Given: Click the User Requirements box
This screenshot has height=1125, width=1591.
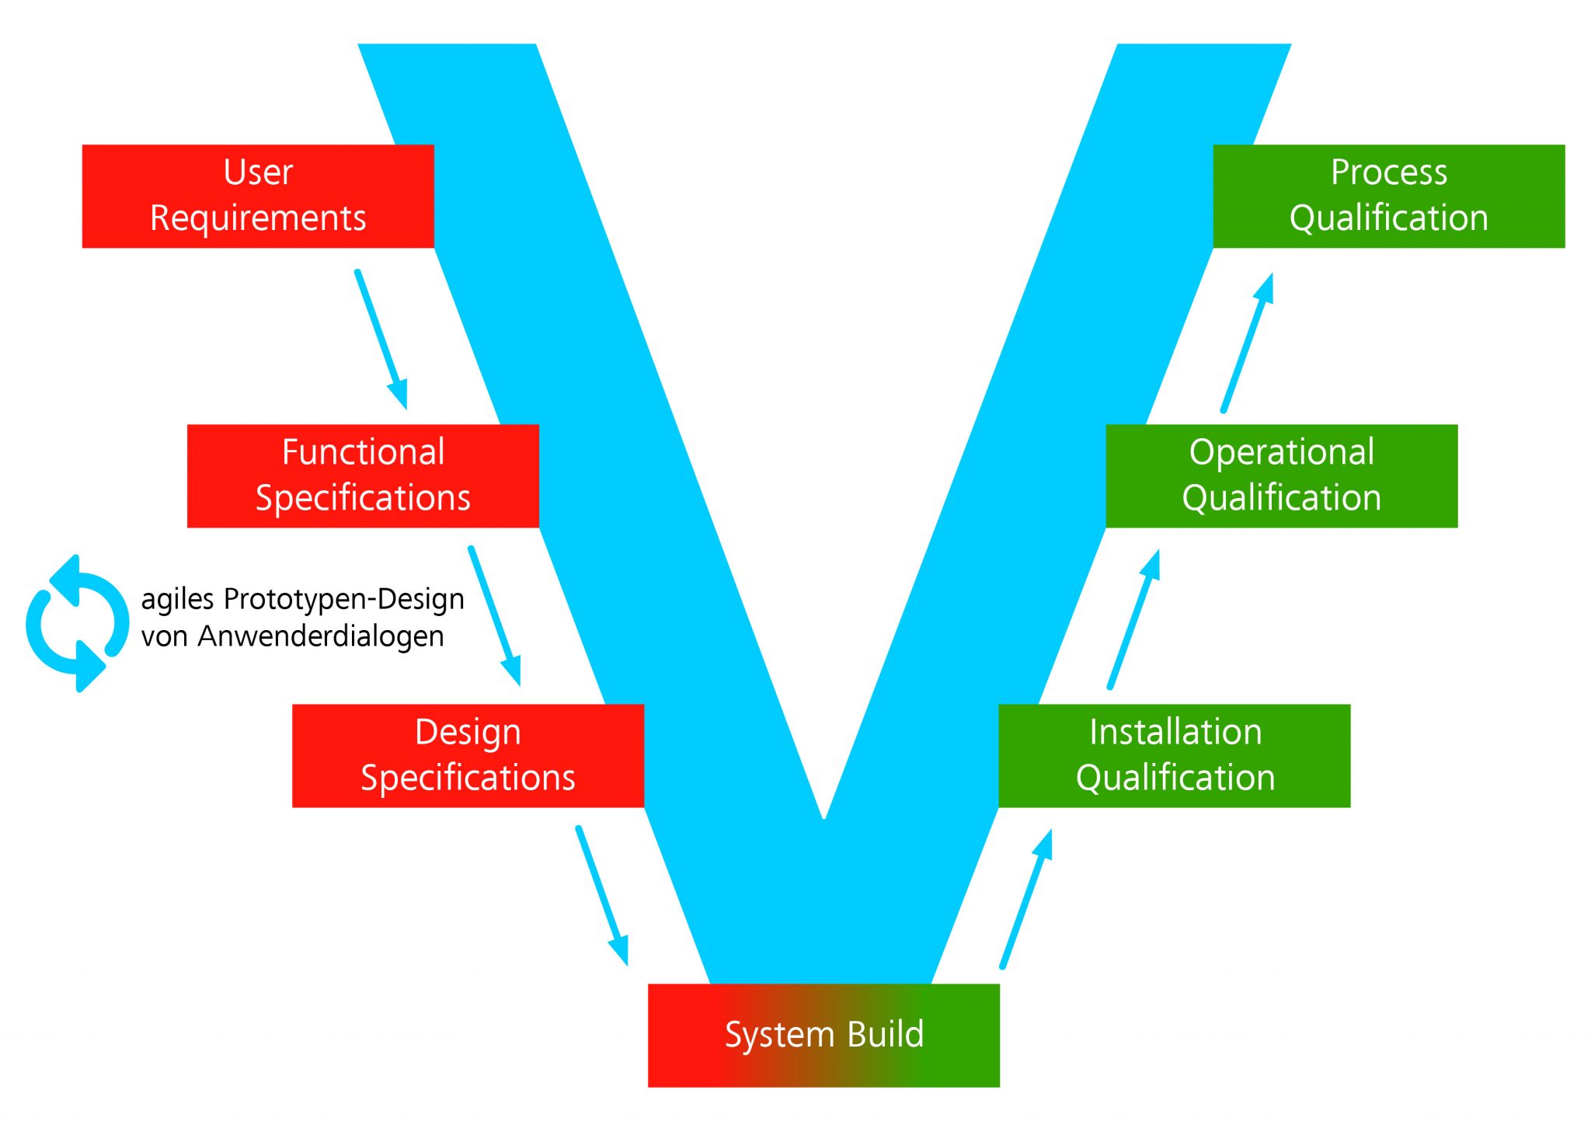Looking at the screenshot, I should coord(258,196).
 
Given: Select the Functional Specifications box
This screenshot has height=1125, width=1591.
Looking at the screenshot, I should coord(363,475).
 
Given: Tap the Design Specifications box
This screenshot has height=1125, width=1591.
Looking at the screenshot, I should coord(468,755).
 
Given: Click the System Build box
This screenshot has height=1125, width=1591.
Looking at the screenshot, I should coord(823,1035).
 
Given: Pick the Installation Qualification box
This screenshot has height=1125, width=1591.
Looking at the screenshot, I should coord(1174,755).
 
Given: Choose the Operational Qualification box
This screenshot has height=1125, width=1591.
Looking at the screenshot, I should coord(1281,475).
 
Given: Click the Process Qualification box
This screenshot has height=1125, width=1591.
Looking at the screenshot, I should coord(1388,196).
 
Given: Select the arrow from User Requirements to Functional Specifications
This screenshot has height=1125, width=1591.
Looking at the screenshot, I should coord(381,338).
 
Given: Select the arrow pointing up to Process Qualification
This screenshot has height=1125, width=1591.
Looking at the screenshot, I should coord(1248,343).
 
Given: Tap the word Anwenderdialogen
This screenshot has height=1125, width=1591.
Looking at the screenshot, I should coord(321,636).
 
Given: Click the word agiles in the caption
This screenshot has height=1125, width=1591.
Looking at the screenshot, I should coord(177,600).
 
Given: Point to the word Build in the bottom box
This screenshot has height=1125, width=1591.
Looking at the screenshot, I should coord(885,1034).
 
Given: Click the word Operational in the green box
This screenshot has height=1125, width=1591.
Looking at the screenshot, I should coord(1281,452).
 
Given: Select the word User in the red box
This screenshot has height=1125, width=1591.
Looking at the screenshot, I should coord(258,172).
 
